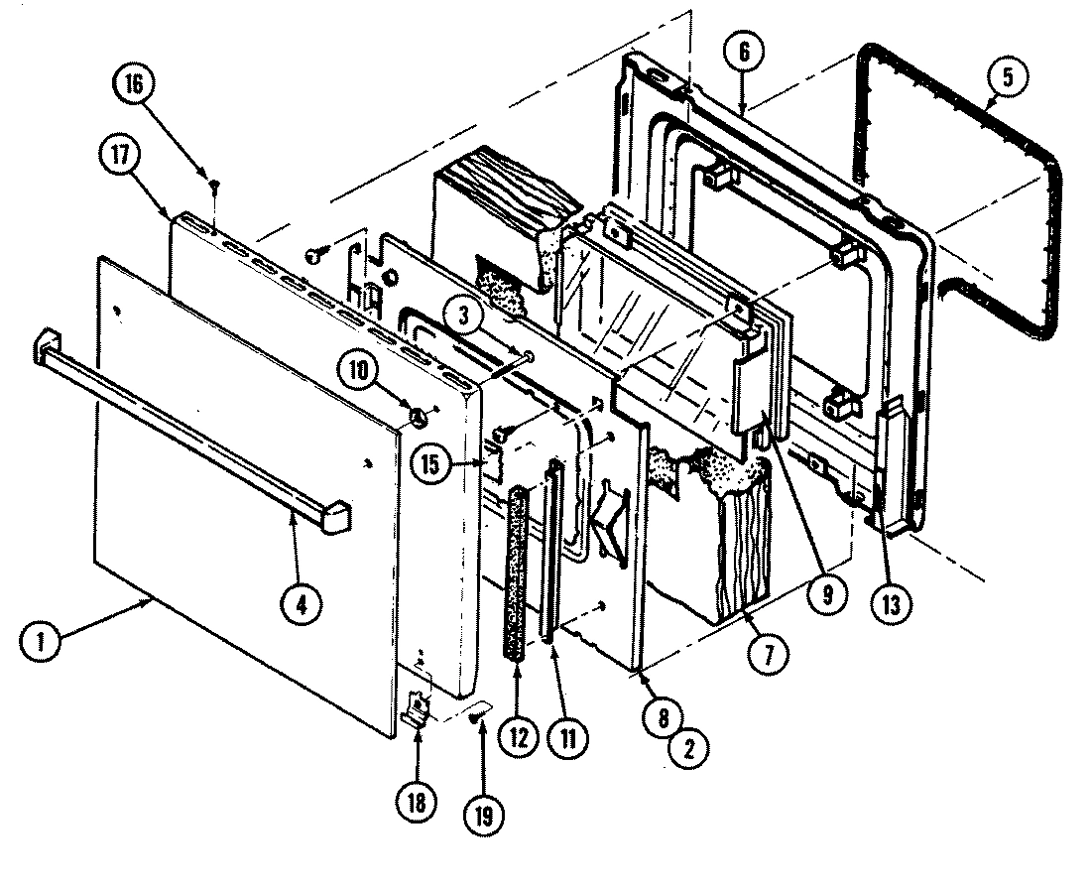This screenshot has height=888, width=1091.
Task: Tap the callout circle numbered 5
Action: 1007,78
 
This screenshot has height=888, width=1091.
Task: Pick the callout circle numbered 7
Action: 772,653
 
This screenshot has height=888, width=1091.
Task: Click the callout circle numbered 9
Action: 826,595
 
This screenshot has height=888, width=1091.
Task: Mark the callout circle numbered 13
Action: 888,603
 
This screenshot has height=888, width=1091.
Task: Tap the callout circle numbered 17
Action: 119,157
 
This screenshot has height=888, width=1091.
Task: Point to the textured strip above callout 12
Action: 517,571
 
